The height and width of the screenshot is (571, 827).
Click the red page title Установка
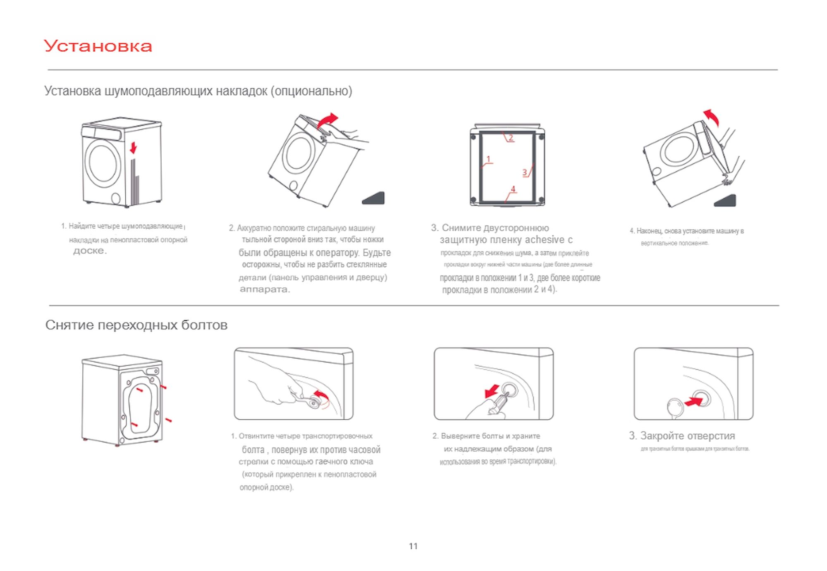[x=98, y=46]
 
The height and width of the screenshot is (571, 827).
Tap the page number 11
[x=413, y=546]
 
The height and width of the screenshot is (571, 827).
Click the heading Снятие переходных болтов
[x=136, y=325]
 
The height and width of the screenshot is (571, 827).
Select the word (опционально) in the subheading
[x=311, y=91]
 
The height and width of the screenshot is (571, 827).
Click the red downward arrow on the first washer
[x=133, y=148]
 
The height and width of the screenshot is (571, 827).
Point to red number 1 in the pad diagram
[x=488, y=159]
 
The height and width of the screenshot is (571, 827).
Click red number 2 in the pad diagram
[x=511, y=138]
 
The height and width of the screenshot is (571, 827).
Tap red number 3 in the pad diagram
[x=525, y=172]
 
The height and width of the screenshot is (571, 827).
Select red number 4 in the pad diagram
[x=513, y=189]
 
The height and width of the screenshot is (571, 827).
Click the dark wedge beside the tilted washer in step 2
[x=374, y=198]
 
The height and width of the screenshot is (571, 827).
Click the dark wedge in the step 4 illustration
[x=726, y=201]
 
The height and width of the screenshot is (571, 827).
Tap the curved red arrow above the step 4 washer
[x=712, y=117]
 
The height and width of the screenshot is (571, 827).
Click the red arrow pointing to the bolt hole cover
[x=693, y=401]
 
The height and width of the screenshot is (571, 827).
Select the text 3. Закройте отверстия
[x=682, y=436]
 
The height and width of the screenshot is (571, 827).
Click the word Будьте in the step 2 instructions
[x=377, y=253]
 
